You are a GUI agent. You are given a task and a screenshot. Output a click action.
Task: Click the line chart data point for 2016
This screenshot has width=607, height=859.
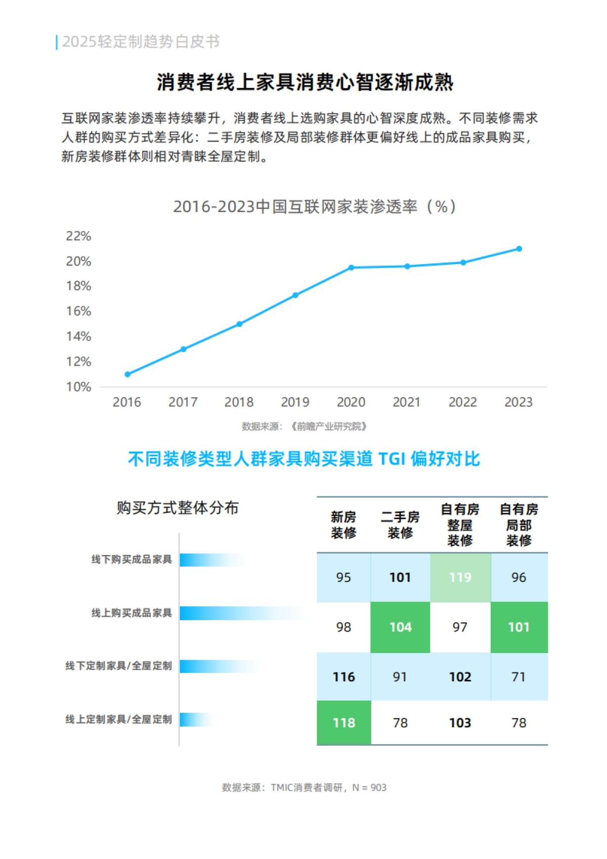click(x=127, y=374)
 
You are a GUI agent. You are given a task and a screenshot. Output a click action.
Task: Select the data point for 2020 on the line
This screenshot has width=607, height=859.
click(x=351, y=268)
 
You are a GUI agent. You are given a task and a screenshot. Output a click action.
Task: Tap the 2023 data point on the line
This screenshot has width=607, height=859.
click(x=519, y=249)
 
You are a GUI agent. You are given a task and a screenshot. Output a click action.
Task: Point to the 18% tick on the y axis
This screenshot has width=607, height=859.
click(x=78, y=286)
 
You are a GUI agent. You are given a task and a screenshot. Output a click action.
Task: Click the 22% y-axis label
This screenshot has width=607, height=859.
click(x=78, y=236)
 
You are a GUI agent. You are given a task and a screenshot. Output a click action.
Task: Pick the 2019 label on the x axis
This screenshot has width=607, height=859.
click(x=295, y=402)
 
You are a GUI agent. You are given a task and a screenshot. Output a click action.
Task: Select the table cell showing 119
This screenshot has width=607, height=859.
click(x=460, y=577)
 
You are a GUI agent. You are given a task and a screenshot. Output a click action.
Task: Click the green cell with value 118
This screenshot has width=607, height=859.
click(x=344, y=722)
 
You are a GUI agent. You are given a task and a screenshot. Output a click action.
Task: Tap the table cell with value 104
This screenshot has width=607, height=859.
click(x=400, y=627)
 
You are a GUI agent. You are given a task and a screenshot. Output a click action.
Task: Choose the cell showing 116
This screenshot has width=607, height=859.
click(x=344, y=677)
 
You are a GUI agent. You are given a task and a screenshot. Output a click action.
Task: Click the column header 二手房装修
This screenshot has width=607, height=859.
click(x=400, y=525)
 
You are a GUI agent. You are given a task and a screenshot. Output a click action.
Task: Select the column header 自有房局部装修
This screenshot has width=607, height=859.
click(x=519, y=525)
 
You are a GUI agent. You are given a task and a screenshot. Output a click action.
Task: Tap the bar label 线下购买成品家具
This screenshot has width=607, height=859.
click(x=132, y=560)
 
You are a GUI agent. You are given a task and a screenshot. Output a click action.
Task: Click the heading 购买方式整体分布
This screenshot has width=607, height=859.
click(x=178, y=507)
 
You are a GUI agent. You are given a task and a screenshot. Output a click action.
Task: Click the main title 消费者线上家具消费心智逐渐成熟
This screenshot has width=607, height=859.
click(x=305, y=82)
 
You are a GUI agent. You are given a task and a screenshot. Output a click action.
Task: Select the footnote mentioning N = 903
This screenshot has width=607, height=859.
click(x=304, y=788)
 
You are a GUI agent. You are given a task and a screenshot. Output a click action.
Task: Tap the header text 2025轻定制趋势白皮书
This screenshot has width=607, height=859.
click(x=141, y=41)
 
